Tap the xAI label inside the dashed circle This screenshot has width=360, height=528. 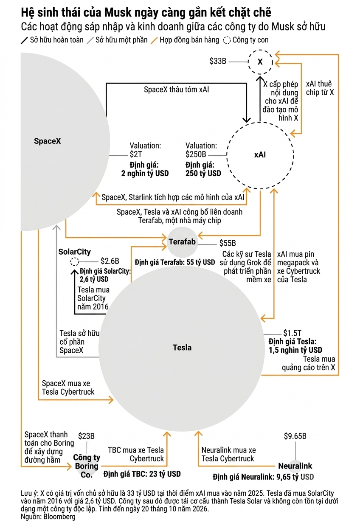click(x=260, y=154)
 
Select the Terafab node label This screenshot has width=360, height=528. click(x=182, y=242)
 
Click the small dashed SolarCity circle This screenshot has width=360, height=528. click(x=74, y=261)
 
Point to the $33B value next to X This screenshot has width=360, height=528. click(x=218, y=61)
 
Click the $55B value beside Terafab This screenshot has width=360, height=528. click(x=228, y=243)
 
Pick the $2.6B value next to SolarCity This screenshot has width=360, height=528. click(x=110, y=261)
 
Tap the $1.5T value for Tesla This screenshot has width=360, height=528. click(x=292, y=333)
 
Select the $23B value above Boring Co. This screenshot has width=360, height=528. click(x=86, y=436)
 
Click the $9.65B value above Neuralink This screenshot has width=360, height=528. click(x=295, y=436)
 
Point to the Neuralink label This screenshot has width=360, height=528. click(x=295, y=466)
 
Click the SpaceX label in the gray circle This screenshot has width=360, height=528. click(x=48, y=141)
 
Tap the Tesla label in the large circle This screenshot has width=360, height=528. click(x=182, y=348)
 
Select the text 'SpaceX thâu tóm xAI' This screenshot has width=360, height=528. click(x=176, y=90)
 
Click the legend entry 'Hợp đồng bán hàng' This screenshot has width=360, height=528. click(x=189, y=40)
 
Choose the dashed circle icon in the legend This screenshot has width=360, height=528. click(x=227, y=40)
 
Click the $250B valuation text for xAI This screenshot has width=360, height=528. click(x=196, y=154)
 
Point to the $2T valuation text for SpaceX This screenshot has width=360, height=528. click(x=136, y=154)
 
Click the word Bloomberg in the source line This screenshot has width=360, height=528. click(x=59, y=517)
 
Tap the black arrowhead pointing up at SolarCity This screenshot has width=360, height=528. click(x=74, y=272)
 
